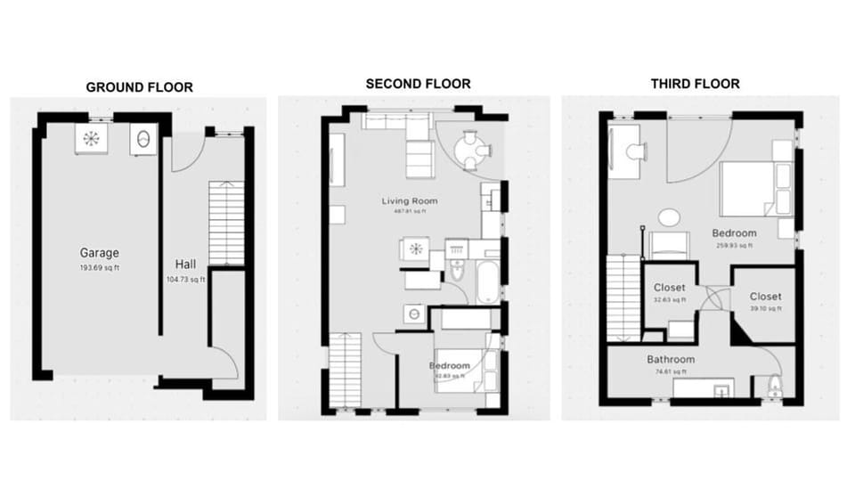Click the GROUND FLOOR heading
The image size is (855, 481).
139,87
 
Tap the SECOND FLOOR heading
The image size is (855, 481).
418,84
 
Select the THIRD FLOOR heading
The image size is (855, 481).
695,84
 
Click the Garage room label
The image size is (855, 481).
99,253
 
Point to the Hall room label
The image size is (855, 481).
186,264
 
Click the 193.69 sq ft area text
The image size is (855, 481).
99,267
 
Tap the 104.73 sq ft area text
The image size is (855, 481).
186,279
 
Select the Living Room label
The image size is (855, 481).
410,201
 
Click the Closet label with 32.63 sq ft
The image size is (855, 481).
670,288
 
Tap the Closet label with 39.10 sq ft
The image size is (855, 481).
765,297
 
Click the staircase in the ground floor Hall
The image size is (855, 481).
226,223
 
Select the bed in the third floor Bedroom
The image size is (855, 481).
753,189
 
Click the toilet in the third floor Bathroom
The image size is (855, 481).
775,387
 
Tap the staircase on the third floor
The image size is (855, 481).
623,297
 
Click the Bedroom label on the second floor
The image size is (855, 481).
450,366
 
